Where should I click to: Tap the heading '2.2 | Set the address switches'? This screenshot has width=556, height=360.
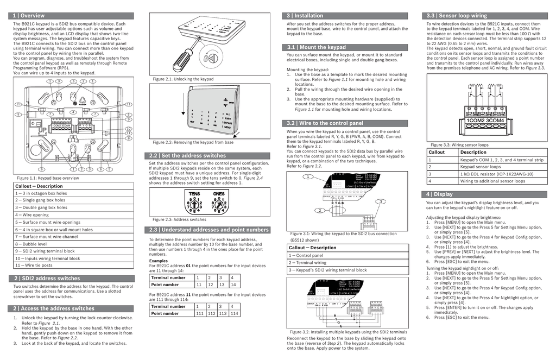187,155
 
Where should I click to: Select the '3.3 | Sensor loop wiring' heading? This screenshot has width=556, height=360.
457,16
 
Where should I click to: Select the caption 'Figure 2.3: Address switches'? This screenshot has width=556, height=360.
179,219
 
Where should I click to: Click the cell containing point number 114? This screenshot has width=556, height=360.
233,313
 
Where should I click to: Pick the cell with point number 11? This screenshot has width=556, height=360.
199,285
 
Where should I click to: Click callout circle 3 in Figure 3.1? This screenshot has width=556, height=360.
381,201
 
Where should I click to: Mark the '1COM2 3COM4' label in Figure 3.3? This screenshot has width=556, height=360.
485,120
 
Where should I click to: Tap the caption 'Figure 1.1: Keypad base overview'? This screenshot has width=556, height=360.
48,178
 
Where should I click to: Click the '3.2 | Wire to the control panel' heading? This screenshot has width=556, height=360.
325,123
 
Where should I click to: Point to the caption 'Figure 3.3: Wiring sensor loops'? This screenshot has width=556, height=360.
459,145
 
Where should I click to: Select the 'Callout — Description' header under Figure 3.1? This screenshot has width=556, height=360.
312,248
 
